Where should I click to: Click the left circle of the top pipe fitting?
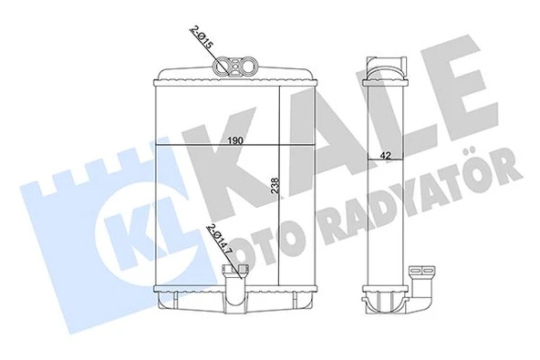click(x=229, y=65)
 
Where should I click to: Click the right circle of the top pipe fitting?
click(x=245, y=65)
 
